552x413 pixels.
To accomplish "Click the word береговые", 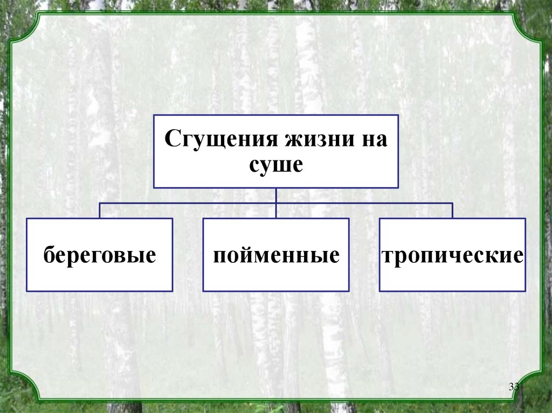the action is click(100, 255).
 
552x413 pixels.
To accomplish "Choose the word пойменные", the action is click(276, 255).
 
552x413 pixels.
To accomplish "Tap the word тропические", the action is click(452, 255).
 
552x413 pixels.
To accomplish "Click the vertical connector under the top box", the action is click(276, 195).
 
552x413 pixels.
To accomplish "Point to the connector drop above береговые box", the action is click(100, 211).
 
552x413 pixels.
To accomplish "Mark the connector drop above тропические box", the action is click(452, 211).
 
